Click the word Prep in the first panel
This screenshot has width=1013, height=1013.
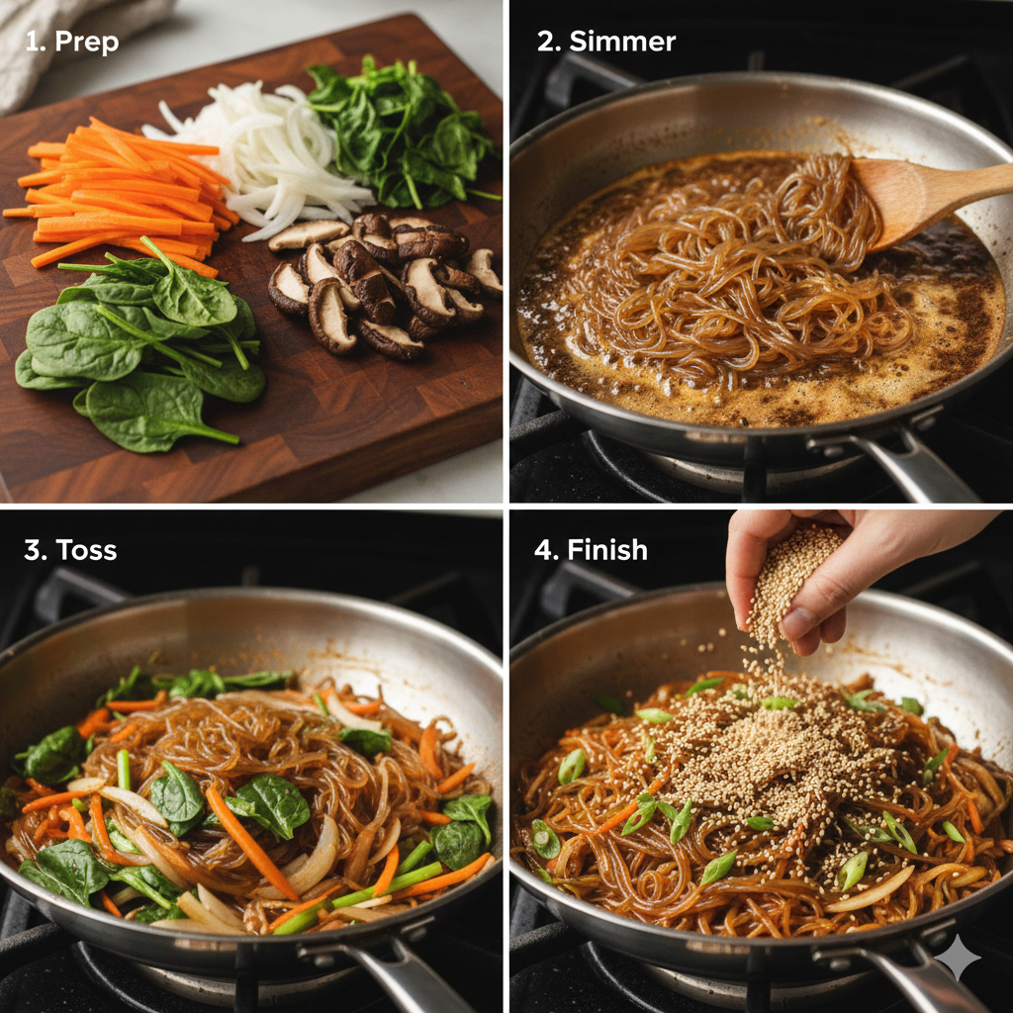[x=87, y=43]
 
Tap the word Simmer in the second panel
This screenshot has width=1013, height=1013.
[x=622, y=42]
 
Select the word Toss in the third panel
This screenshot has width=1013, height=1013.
[x=87, y=550]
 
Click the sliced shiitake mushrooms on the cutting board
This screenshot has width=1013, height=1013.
[x=381, y=284]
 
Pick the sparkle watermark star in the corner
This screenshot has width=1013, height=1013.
[x=957, y=958]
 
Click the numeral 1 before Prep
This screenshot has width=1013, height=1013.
[x=34, y=42]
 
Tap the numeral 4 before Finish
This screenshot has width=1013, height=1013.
[x=545, y=550]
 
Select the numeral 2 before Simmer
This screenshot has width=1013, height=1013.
[x=547, y=42]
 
